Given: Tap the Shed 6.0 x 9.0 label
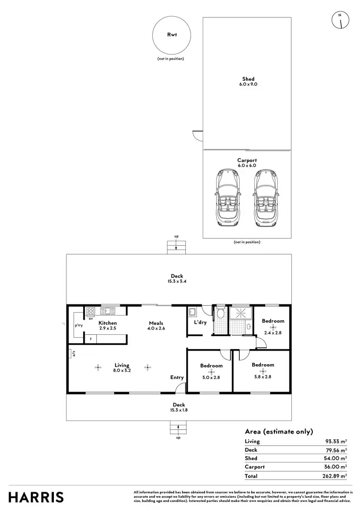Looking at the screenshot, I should click(248, 81).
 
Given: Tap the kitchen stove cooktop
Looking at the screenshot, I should click(91, 311).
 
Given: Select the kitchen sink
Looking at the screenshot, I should click(107, 311).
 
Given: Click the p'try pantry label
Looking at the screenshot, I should click(78, 325).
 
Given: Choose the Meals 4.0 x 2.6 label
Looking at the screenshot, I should click(156, 326).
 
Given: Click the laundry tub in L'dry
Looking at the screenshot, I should click(192, 311).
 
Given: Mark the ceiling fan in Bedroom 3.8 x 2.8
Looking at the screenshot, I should click(263, 371).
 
